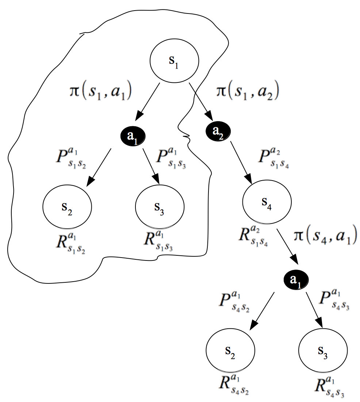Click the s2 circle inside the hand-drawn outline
coord(67,208)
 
